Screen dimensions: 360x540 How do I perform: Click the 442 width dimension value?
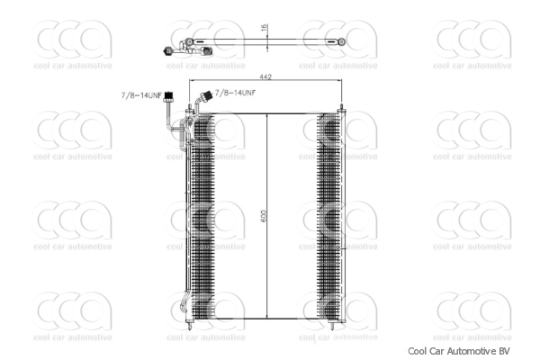pos(266,77)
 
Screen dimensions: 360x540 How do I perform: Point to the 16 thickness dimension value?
pos(264,28)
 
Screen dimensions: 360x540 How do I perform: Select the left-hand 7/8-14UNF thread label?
pos(140,95)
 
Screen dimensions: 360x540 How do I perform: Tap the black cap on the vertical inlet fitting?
pos(166,103)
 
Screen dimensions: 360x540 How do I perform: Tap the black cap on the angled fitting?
pos(206,94)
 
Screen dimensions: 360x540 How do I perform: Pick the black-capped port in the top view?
pos(168,52)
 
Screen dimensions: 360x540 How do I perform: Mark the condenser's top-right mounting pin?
pos(342,108)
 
